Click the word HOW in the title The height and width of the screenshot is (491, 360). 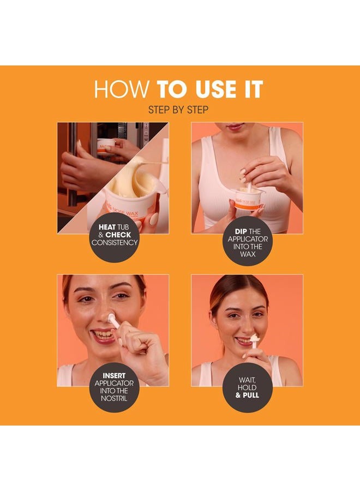pyautogui.click(x=122, y=89)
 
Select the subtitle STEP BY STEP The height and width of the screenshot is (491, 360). pyautogui.click(x=178, y=110)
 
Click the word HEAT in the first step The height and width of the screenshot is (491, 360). pyautogui.click(x=107, y=227)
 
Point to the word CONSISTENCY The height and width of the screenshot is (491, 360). pyautogui.click(x=115, y=242)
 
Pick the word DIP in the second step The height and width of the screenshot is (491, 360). pyautogui.click(x=241, y=231)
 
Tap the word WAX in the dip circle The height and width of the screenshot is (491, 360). pyautogui.click(x=248, y=254)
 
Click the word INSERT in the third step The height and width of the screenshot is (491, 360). pyautogui.click(x=114, y=375)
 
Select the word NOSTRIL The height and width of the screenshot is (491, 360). pyautogui.click(x=114, y=399)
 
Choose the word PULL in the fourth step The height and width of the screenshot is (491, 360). pyautogui.click(x=251, y=395)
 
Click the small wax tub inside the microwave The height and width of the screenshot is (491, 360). pyautogui.click(x=106, y=146)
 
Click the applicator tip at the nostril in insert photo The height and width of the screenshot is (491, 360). pyautogui.click(x=111, y=319)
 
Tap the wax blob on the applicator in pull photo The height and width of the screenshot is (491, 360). pyautogui.click(x=254, y=338)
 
